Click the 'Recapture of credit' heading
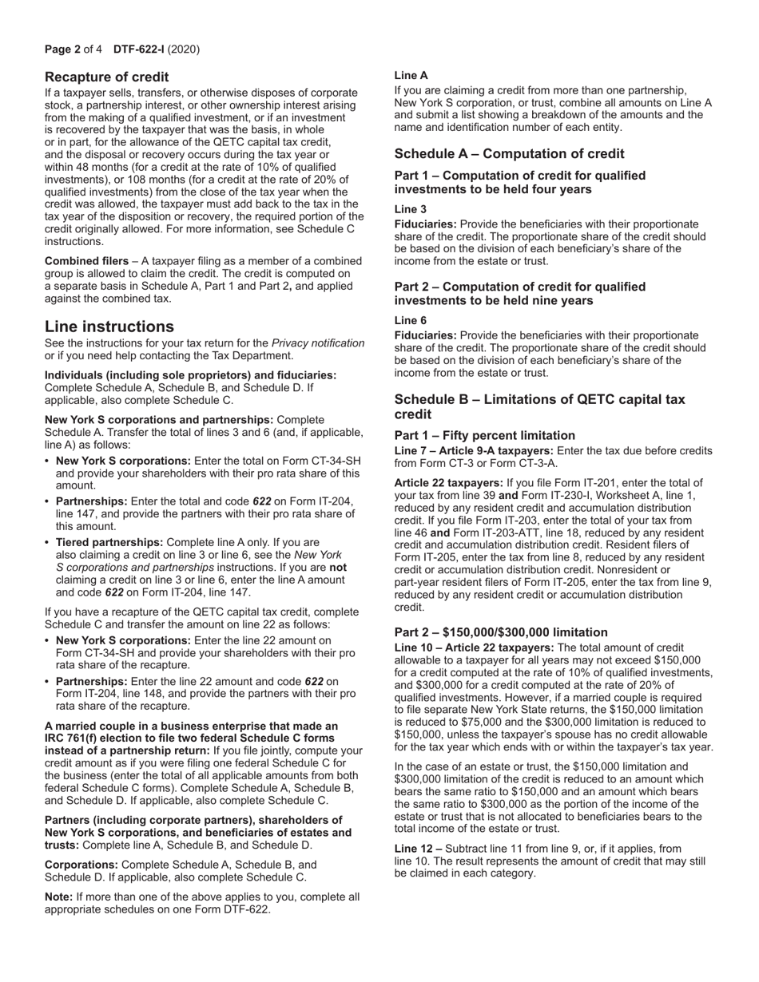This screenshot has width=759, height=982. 106,77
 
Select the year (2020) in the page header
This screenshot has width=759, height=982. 184,49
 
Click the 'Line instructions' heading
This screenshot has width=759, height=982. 109,327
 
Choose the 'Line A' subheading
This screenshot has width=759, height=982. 411,75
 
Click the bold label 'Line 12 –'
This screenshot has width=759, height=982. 418,849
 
